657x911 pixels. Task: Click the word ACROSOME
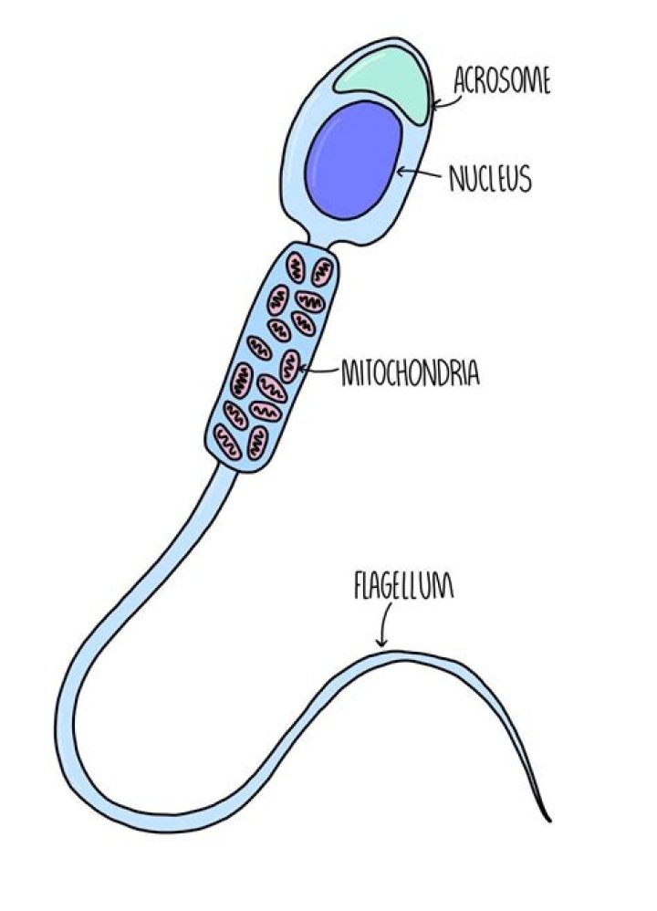click(x=501, y=80)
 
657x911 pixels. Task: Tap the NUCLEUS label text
click(x=491, y=178)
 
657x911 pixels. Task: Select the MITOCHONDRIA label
click(x=411, y=372)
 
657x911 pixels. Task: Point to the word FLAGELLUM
click(x=403, y=586)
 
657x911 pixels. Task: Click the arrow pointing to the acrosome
click(x=447, y=101)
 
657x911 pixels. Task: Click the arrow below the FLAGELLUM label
click(x=384, y=624)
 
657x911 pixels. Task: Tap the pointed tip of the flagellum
click(x=549, y=821)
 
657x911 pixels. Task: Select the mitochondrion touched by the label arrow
click(x=290, y=367)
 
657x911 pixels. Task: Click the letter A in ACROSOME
click(x=460, y=80)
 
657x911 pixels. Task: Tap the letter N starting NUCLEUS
click(x=455, y=179)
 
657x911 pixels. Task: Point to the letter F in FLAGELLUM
click(x=359, y=586)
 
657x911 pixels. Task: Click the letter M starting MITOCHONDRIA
click(x=349, y=373)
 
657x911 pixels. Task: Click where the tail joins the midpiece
click(x=227, y=465)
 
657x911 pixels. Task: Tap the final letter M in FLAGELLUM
click(x=444, y=587)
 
